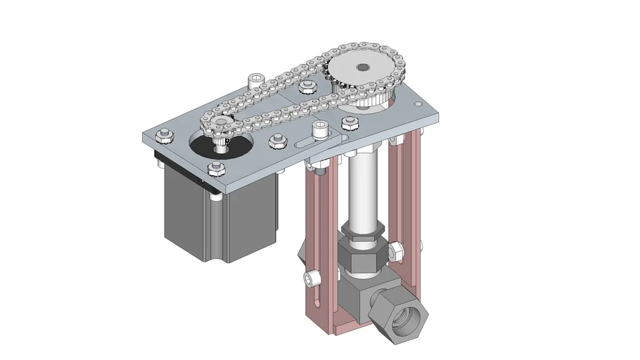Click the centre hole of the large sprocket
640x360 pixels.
[362, 67]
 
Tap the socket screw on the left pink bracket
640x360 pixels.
[312, 279]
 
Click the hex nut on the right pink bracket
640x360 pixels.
[395, 250]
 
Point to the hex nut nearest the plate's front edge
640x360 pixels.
[215, 168]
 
